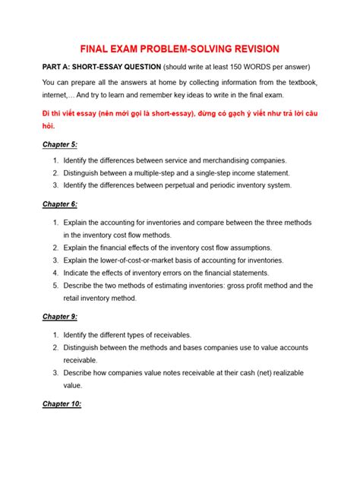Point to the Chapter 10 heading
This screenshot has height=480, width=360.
(x=65, y=404)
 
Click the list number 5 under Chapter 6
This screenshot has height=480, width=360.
(x=55, y=286)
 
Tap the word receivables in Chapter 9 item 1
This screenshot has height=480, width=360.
(x=169, y=335)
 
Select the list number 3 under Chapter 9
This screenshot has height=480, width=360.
(x=55, y=372)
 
